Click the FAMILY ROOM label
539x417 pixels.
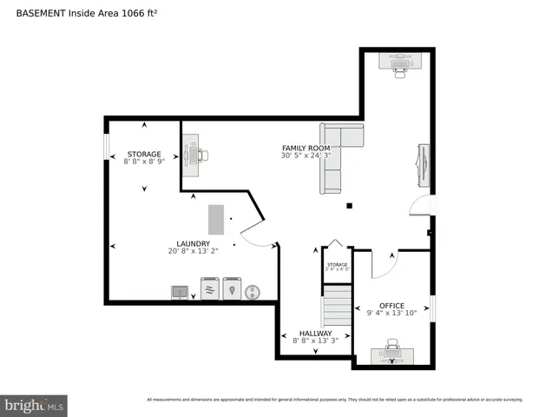tap(306, 149)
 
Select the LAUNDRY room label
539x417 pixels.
tap(192, 244)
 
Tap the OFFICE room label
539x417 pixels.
tap(391, 306)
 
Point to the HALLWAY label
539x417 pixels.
tap(315, 334)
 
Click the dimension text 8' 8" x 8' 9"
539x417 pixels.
tap(144, 162)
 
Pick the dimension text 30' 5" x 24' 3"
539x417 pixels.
tap(306, 156)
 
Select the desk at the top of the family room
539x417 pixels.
tap(400, 63)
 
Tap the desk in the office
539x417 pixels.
tap(391, 354)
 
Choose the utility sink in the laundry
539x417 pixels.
tap(181, 292)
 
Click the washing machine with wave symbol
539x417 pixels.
tap(209, 288)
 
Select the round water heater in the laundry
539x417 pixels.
tap(253, 291)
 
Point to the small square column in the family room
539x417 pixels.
tap(349, 207)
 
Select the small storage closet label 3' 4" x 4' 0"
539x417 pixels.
tap(337, 267)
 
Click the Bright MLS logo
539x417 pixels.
tap(35, 404)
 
